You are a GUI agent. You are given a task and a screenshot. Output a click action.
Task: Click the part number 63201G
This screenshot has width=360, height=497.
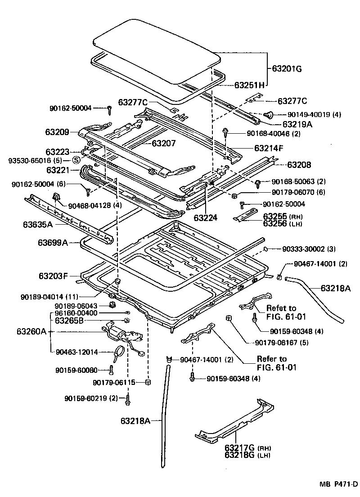pyautogui.click(x=287, y=69)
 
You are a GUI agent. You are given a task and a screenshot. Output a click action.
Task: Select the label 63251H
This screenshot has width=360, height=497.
pyautogui.click(x=249, y=84)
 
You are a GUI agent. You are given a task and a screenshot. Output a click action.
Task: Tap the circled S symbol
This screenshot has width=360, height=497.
pyautogui.click(x=76, y=160)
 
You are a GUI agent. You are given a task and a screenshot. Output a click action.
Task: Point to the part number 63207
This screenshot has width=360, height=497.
pyautogui.click(x=163, y=144)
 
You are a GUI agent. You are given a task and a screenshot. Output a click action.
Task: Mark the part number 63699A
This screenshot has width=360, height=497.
pyautogui.click(x=53, y=243)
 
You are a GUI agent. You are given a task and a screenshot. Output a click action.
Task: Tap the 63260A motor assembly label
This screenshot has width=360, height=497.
pyautogui.click(x=31, y=331)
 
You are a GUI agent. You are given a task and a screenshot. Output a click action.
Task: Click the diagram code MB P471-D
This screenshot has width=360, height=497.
pyautogui.click(x=338, y=484)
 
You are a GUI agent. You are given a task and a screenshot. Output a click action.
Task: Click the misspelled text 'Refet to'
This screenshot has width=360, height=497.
pyautogui.click(x=281, y=308)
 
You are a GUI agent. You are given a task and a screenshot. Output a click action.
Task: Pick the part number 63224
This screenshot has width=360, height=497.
pyautogui.click(x=206, y=217)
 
